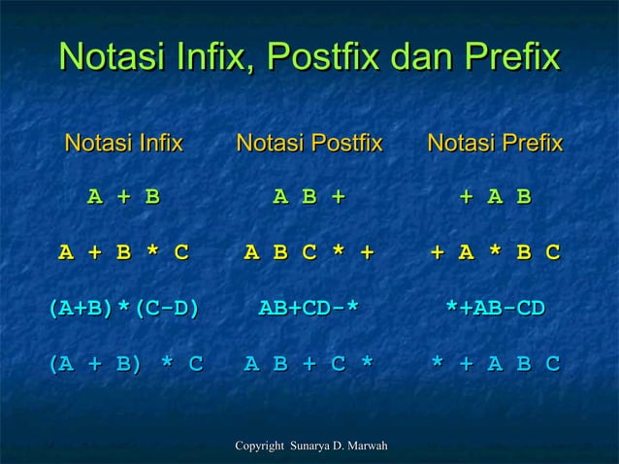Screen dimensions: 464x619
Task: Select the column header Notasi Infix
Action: point(123,145)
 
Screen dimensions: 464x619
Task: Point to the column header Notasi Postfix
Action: point(309,145)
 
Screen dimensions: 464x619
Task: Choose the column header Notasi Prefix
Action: point(495,145)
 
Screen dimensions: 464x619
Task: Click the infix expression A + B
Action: point(123,197)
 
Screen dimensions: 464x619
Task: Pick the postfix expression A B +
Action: point(309,197)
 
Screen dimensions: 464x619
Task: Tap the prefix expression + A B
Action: point(495,197)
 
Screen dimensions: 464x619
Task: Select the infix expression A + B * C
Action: point(123,253)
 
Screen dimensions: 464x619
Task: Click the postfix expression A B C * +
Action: point(309,253)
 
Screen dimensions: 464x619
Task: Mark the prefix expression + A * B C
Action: point(495,253)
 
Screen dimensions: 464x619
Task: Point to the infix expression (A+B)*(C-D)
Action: point(123,309)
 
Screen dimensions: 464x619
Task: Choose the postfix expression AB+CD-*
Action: point(309,309)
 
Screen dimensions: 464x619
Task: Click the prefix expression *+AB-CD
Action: point(495,309)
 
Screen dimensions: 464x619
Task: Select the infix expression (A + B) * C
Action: point(125,364)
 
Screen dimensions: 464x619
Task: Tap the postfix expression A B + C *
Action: point(309,364)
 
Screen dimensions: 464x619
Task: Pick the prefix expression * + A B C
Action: point(495,364)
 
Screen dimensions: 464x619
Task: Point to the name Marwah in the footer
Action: point(367,446)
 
